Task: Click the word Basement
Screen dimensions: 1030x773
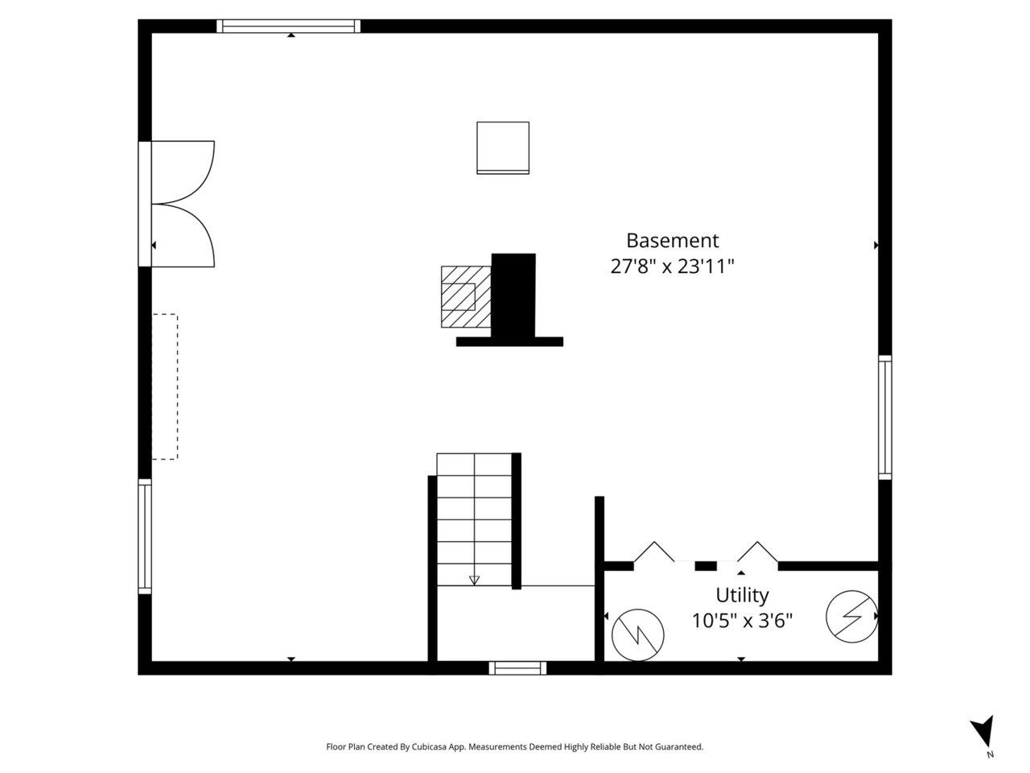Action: [x=672, y=241]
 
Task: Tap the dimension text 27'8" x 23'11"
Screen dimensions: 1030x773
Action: [x=672, y=267]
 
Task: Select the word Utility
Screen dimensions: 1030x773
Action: [x=742, y=596]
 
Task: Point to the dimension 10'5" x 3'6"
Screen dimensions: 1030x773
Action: [x=742, y=621]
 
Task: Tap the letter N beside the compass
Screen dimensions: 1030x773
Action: [x=990, y=754]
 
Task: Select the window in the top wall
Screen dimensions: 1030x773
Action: [x=288, y=27]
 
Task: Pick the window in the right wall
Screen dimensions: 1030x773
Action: [x=884, y=418]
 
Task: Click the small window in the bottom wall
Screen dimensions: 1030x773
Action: [x=517, y=668]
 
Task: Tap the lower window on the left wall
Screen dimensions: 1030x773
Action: [x=145, y=536]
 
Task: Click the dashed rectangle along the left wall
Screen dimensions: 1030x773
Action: [x=165, y=386]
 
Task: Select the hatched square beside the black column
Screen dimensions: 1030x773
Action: [x=466, y=296]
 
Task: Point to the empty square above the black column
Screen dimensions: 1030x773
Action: [x=503, y=148]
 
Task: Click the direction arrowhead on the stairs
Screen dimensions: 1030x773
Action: [x=475, y=581]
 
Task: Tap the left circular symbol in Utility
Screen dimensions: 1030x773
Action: [x=637, y=635]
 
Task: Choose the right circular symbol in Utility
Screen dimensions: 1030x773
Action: [x=851, y=616]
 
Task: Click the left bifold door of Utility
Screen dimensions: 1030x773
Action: [x=654, y=552]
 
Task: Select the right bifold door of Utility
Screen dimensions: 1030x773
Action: [x=757, y=552]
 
